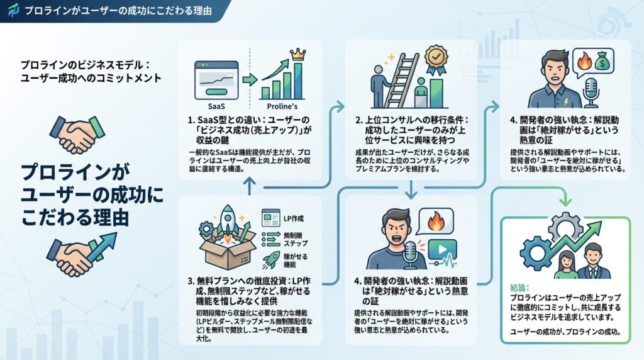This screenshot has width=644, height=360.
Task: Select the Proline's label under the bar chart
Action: (x=281, y=106)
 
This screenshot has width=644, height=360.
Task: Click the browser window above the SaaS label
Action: (x=216, y=79)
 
